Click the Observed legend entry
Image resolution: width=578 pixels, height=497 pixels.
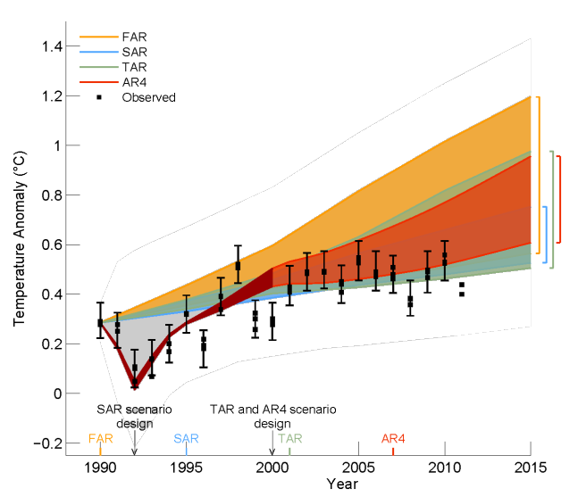tap(136, 97)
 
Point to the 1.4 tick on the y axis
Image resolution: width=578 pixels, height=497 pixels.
tap(53, 46)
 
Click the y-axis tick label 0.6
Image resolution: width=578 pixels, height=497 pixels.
tap(53, 244)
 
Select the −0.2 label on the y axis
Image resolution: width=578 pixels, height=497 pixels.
tap(48, 443)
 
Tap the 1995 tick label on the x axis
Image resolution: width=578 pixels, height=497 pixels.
tap(186, 468)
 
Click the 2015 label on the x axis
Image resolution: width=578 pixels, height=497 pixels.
tap(531, 468)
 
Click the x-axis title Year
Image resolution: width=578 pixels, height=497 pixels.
tap(342, 484)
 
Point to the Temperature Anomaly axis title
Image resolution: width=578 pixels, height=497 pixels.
tap(20, 238)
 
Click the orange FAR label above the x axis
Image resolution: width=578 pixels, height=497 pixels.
tap(100, 438)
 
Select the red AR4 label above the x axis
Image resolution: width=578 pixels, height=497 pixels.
tap(393, 438)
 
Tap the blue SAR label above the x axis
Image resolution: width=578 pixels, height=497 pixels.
tap(186, 438)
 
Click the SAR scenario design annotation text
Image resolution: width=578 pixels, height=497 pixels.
tap(135, 417)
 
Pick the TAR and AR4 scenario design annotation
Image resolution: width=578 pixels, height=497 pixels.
tap(272, 417)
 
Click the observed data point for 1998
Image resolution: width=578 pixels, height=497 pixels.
tap(238, 266)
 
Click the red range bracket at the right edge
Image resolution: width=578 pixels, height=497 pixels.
tap(560, 200)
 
